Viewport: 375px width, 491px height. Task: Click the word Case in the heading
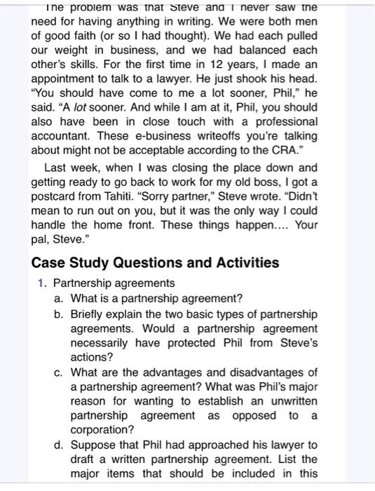(x=47, y=263)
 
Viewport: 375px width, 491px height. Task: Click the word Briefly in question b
(x=88, y=314)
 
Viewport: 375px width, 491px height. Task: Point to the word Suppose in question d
(x=93, y=445)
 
